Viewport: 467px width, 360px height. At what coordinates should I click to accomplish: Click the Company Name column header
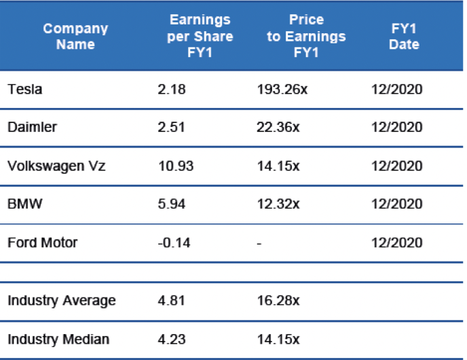tap(75, 37)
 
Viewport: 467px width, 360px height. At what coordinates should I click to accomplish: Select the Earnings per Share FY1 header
tap(200, 37)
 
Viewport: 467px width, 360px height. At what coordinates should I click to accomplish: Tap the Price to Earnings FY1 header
tap(305, 37)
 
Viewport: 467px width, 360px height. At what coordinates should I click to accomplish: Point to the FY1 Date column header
tap(405, 37)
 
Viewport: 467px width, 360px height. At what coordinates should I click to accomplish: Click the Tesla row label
tap(25, 89)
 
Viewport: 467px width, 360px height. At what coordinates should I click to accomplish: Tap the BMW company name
tap(22, 204)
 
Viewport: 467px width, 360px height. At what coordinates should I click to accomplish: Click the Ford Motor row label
tap(43, 242)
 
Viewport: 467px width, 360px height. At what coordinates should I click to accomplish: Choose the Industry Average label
tap(62, 300)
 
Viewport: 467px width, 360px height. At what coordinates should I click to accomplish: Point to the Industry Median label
tap(58, 339)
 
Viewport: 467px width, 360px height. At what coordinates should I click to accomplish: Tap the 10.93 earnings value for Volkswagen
tap(172, 166)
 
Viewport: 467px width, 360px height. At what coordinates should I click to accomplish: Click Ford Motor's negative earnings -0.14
tap(171, 242)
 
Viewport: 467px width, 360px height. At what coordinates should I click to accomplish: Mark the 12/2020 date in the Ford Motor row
tap(397, 242)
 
